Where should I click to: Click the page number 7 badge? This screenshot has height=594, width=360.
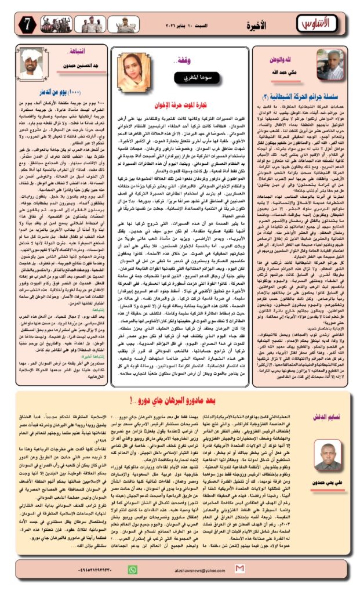pos(13,25)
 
